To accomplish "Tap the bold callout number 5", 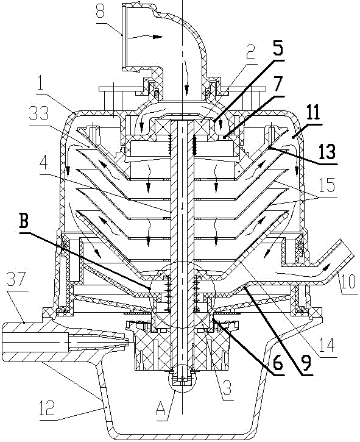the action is [x=277, y=49].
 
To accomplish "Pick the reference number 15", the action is [x=326, y=185].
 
